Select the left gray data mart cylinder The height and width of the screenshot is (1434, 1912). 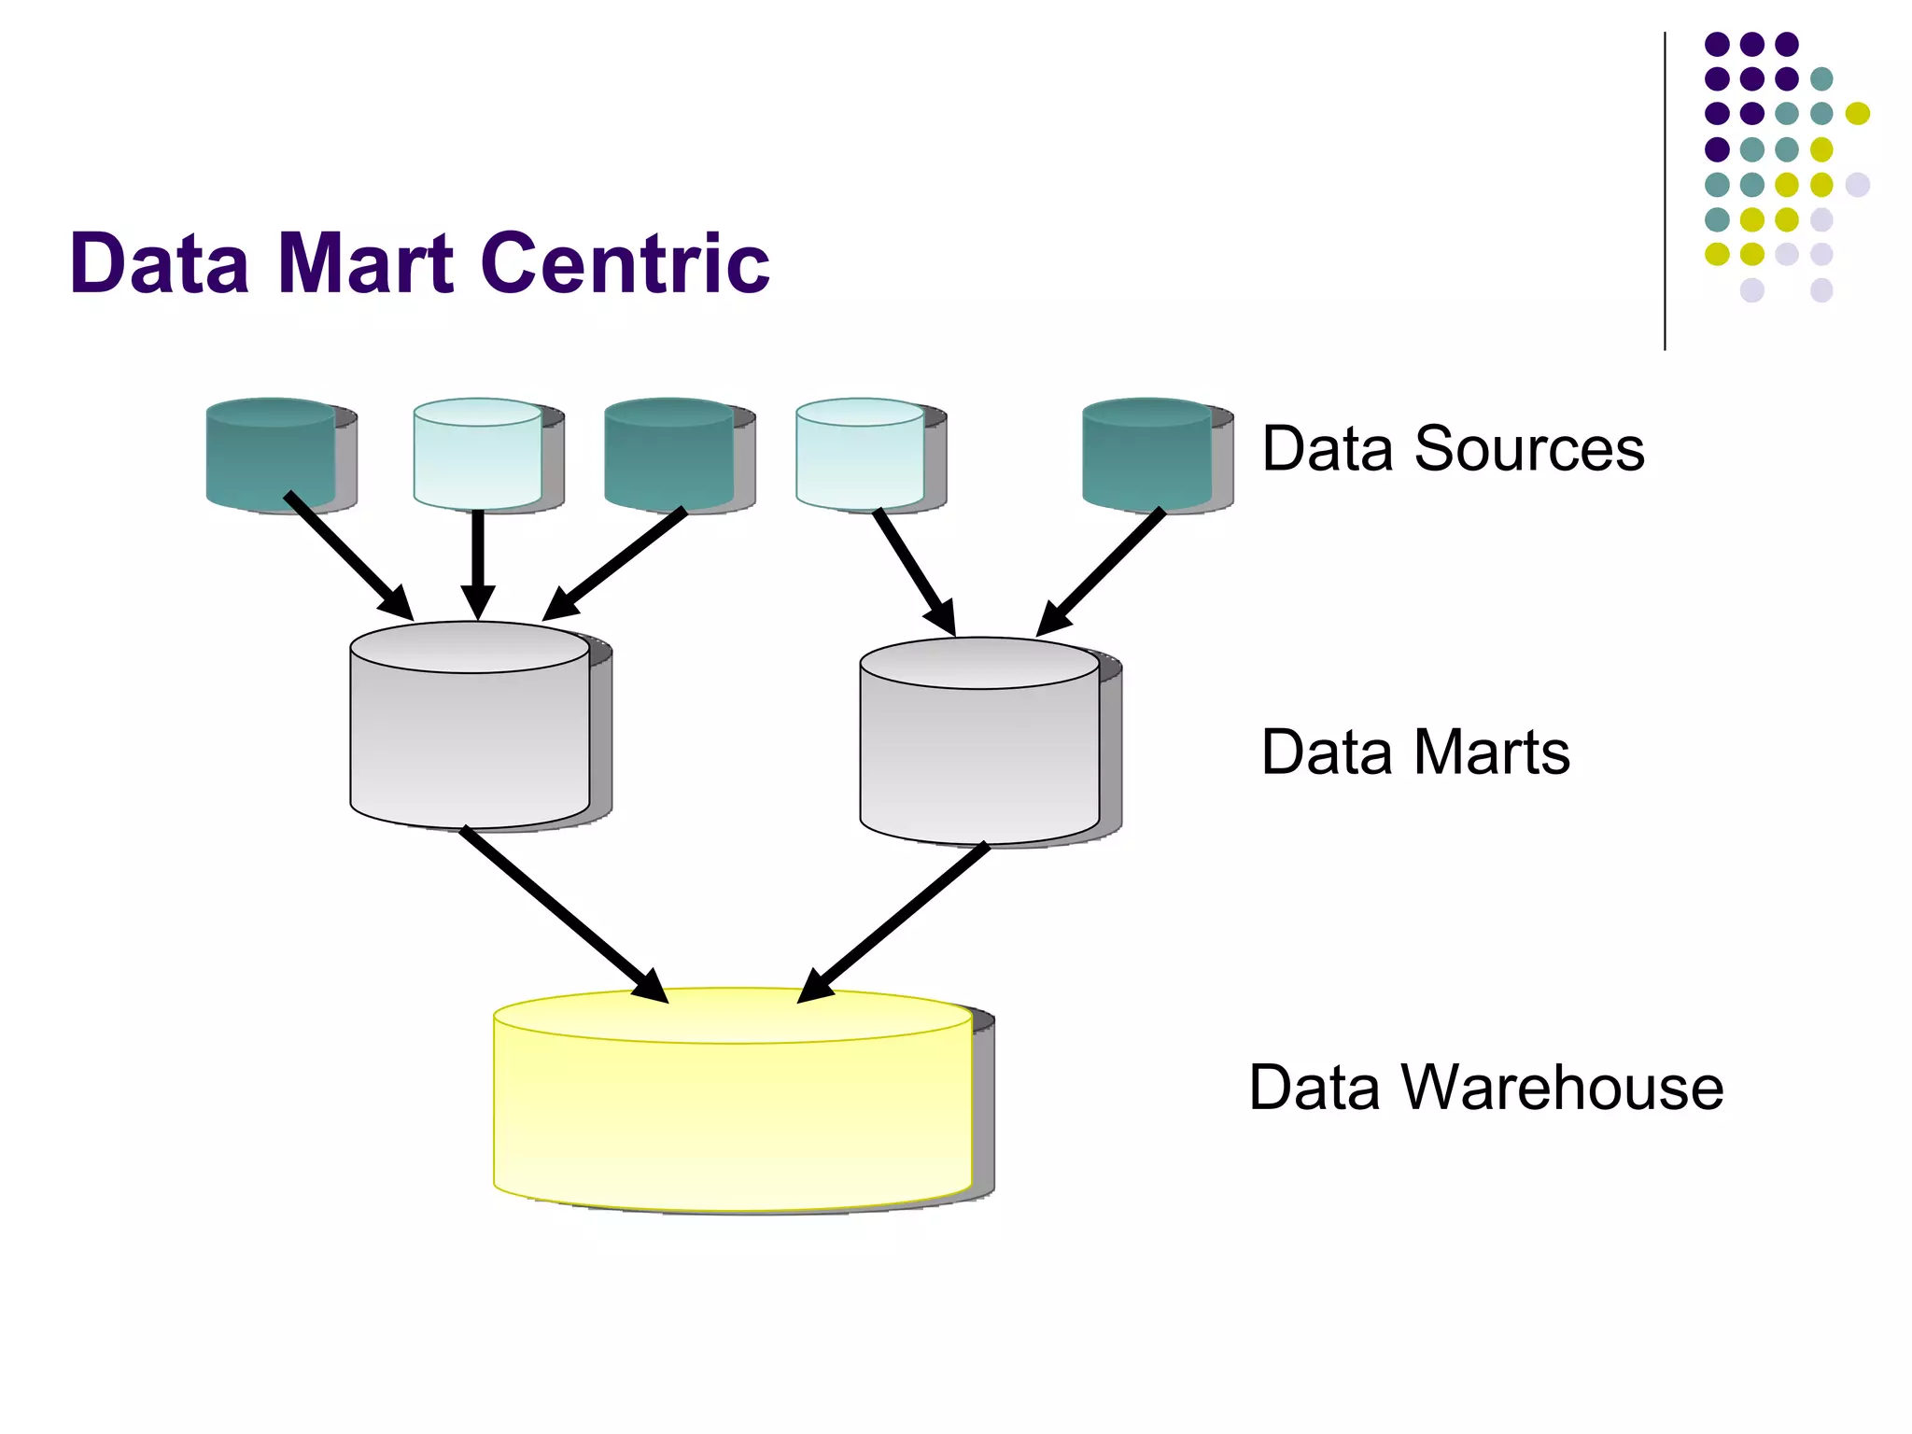point(470,738)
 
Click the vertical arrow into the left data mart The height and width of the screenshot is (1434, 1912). point(478,560)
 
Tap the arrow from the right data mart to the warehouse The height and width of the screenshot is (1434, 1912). point(896,920)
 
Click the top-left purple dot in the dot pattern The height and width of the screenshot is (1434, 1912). point(1717,44)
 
